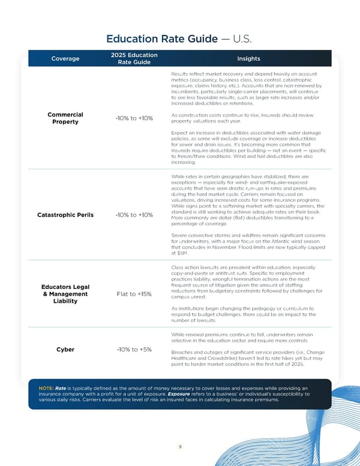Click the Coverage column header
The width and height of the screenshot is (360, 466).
[x=65, y=59]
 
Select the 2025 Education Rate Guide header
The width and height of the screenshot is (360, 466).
[x=134, y=59]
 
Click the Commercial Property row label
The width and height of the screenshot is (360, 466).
[x=65, y=118]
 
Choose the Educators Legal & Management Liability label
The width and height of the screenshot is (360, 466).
[x=65, y=294]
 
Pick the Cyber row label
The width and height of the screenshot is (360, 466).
[x=65, y=349]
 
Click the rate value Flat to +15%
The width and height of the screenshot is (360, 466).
[x=134, y=294]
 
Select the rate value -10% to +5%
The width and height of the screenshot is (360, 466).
[x=134, y=349]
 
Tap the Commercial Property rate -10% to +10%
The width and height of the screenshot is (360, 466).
[x=134, y=118]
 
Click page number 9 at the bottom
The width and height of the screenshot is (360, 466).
[x=179, y=446]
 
